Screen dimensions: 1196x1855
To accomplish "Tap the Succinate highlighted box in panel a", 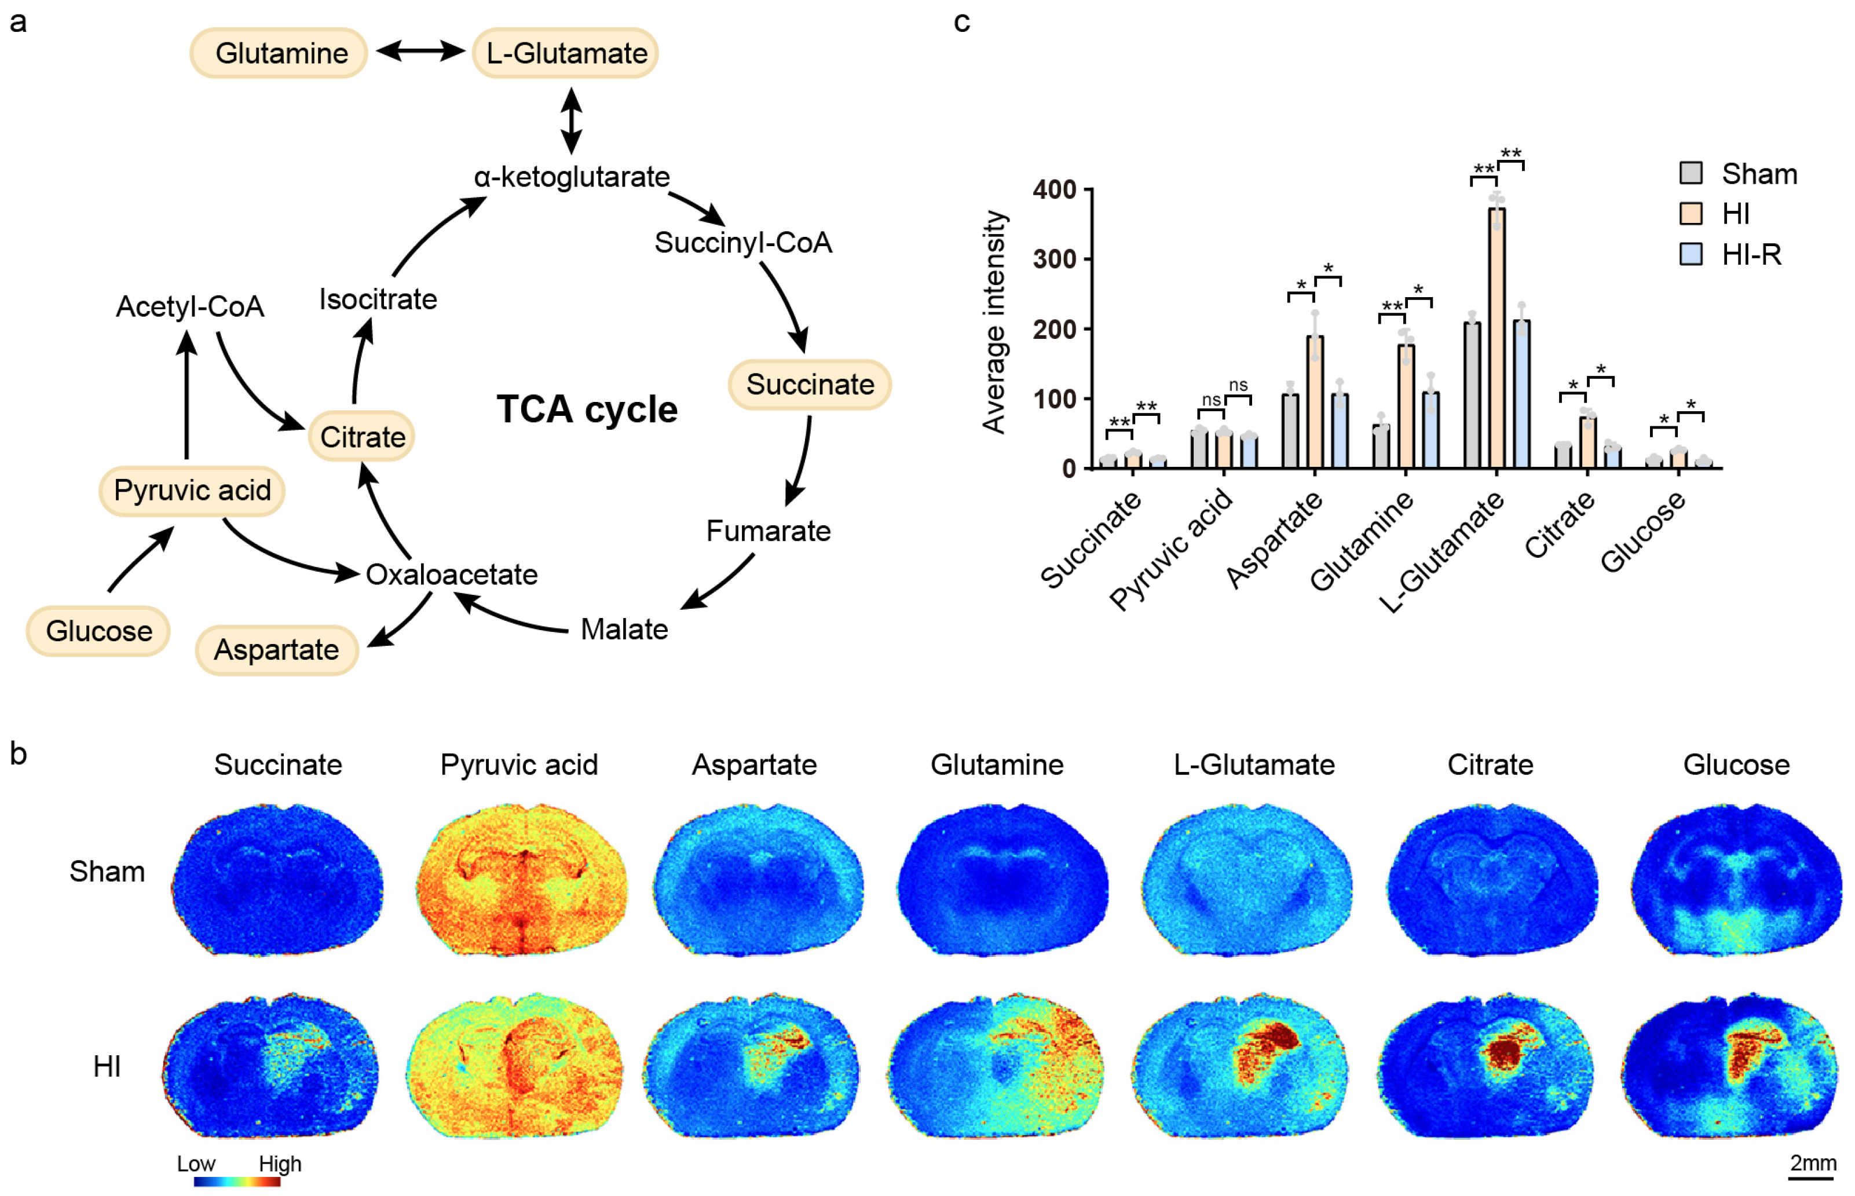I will pos(809,385).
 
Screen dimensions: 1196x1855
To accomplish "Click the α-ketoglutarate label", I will pos(572,177).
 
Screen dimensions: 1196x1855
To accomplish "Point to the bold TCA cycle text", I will pos(587,409).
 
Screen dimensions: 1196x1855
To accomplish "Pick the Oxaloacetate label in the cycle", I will pos(451,575).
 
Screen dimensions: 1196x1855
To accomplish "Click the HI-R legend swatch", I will pos(1691,254).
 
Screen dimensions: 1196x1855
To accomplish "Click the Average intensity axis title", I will pos(994,321).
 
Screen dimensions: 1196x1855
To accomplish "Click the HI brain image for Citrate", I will pos(1486,1065).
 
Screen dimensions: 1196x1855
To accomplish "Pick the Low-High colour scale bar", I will pos(237,1182).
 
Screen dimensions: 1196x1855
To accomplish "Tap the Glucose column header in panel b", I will pos(1736,765).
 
